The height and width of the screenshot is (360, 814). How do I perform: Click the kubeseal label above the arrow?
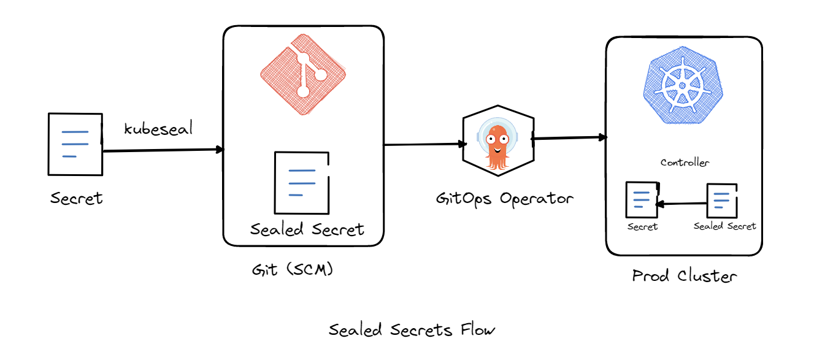158,129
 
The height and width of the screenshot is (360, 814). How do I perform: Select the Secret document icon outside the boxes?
75,144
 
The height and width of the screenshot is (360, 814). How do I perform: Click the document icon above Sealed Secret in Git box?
301,182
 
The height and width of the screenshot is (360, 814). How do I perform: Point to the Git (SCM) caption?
292,270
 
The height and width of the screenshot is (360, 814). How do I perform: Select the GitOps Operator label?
504,199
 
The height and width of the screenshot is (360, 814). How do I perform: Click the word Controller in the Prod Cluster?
685,163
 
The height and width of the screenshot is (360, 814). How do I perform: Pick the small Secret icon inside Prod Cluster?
641,199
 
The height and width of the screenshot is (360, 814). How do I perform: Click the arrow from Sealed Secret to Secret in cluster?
681,204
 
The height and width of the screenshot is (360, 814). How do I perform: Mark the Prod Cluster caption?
684,276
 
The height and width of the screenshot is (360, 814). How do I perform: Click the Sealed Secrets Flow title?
412,330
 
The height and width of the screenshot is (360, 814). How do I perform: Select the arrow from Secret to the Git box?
163,150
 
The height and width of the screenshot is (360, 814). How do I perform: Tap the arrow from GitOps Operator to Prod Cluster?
569,138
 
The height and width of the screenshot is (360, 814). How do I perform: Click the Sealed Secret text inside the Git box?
307,229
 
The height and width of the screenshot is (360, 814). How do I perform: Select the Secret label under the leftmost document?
77,199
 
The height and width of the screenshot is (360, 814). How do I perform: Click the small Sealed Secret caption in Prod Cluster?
724,226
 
